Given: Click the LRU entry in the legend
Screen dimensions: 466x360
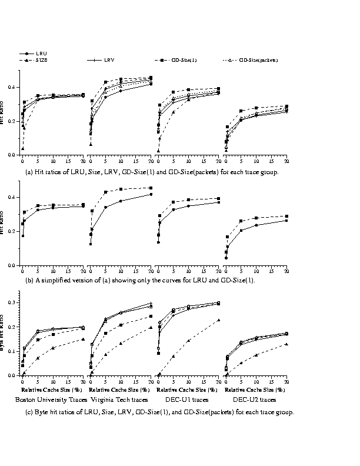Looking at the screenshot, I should (41, 54).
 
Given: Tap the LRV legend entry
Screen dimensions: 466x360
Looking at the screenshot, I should (110, 60).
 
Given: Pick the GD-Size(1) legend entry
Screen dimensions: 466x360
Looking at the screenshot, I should (181, 60).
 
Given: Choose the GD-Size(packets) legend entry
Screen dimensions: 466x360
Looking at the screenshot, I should (258, 60).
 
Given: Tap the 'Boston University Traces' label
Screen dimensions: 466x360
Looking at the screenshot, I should (51, 400).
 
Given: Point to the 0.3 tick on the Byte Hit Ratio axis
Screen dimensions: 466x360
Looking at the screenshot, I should (15, 302).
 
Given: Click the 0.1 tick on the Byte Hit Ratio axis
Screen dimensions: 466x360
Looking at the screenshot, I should (15, 351).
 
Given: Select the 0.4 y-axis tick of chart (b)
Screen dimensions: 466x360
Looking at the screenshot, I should (15, 197).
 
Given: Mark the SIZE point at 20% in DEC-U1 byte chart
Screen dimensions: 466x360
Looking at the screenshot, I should (219, 320).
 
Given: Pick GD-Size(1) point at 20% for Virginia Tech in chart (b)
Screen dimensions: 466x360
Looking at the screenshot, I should (151, 188).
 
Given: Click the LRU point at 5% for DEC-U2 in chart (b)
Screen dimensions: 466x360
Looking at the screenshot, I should (241, 230).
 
